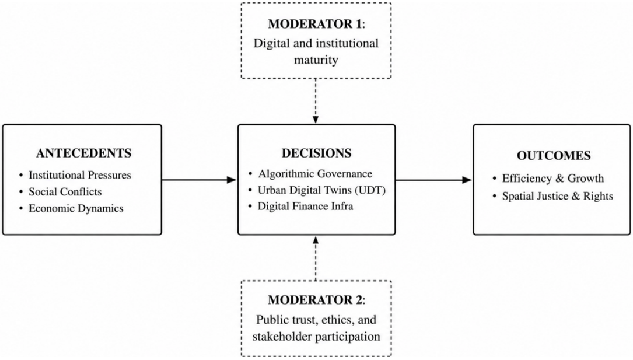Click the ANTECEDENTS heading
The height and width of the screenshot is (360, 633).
[x=83, y=153]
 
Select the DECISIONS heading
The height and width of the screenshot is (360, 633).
[x=316, y=153]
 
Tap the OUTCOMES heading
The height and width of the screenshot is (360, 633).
[x=554, y=156]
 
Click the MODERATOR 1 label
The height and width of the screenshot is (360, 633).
[x=315, y=24]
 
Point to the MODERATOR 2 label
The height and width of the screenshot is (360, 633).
[x=315, y=300]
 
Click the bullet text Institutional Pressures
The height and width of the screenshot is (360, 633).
[x=79, y=175]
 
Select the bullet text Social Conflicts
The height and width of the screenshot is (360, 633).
[x=65, y=192]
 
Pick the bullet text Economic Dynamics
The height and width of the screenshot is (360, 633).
[x=76, y=209]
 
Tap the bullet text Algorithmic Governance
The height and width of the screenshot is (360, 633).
[x=315, y=174]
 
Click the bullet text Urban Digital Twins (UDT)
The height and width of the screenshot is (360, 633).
[x=321, y=190]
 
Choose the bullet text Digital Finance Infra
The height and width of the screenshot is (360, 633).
[x=306, y=206]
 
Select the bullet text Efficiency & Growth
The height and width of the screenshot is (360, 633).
[x=553, y=179]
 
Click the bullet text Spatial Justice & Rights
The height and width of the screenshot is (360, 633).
[x=558, y=196]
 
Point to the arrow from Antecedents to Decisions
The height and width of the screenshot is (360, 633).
[x=199, y=180]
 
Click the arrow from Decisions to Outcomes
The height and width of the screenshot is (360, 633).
[x=433, y=180]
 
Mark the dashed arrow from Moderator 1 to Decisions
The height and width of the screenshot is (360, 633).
[x=316, y=101]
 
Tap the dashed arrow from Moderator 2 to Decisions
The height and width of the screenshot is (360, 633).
[x=316, y=258]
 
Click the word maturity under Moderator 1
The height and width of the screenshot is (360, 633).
[x=316, y=60]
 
